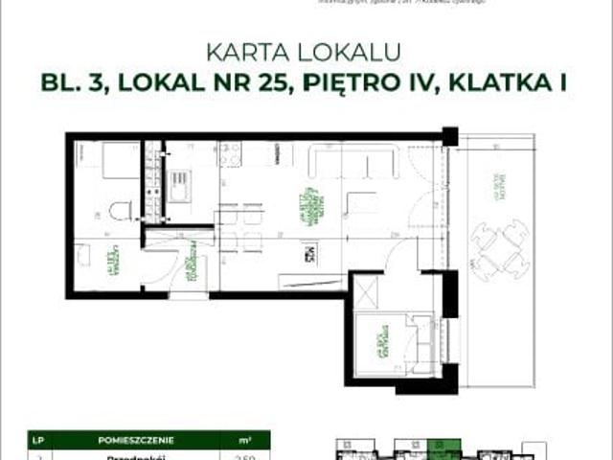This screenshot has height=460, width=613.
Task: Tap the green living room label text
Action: coord(305,203)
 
